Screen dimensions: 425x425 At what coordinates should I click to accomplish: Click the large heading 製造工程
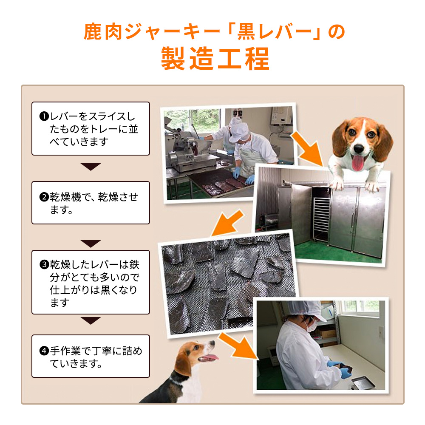(x=215, y=59)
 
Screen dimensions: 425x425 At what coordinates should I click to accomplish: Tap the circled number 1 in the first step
(x=44, y=116)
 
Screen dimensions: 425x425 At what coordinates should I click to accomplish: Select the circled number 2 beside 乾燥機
(x=44, y=197)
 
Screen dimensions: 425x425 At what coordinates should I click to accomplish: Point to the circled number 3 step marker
(x=44, y=264)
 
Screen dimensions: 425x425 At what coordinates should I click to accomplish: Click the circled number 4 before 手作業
(x=44, y=351)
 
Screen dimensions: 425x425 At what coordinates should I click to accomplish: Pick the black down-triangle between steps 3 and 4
(x=91, y=320)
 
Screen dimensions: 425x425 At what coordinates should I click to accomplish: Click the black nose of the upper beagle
(x=359, y=148)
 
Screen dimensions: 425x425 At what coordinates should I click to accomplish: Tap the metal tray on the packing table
(x=363, y=383)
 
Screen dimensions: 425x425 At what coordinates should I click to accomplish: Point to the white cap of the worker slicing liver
(x=238, y=131)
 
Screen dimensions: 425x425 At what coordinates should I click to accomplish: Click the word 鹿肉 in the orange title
(x=103, y=32)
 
